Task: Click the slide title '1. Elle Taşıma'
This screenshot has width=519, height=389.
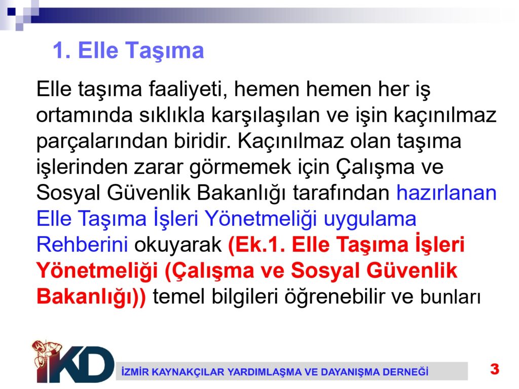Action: pyautogui.click(x=128, y=51)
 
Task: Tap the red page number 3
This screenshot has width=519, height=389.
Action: pyautogui.click(x=495, y=369)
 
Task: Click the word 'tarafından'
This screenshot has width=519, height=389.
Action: pyautogui.click(x=341, y=193)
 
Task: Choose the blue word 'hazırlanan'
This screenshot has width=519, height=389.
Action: pyautogui.click(x=447, y=193)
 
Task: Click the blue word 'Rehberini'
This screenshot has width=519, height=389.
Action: pyautogui.click(x=82, y=245)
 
